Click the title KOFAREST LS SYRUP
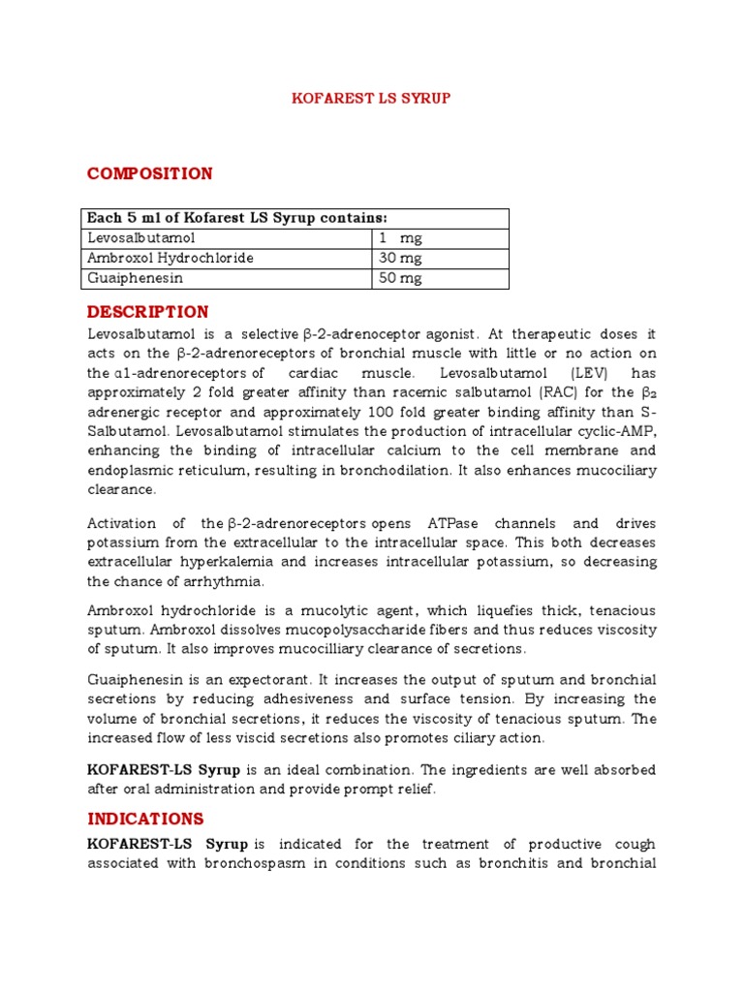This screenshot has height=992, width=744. (372, 99)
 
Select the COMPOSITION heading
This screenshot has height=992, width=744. (149, 173)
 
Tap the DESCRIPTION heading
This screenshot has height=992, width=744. (147, 312)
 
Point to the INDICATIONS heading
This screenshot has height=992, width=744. (145, 819)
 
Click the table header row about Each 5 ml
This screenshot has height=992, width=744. (237, 218)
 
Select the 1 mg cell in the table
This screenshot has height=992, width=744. (400, 238)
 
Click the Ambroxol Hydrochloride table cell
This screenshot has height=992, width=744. (170, 258)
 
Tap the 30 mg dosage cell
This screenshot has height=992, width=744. (400, 258)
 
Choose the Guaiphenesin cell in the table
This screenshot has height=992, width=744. (135, 278)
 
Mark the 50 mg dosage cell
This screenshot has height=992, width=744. (400, 278)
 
